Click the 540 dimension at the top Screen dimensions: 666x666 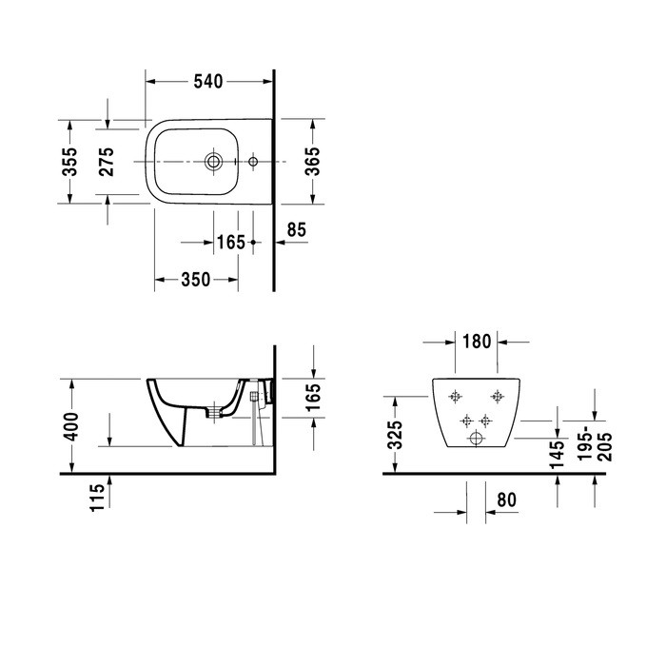point(208,82)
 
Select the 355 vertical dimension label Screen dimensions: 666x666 point(70,161)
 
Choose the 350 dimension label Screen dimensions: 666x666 point(195,280)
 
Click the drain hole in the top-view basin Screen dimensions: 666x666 point(214,163)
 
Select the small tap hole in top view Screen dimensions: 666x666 point(253,163)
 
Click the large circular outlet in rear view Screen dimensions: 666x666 point(476,440)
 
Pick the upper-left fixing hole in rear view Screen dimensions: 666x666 point(456,396)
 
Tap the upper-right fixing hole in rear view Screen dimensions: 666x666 point(496,396)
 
